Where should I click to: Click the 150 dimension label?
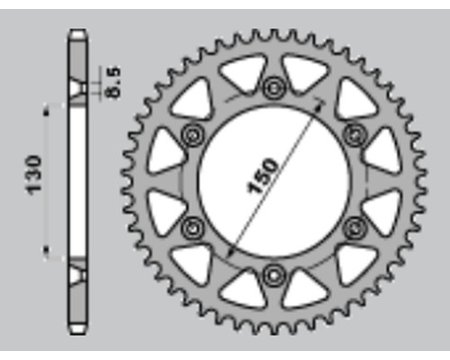[262, 176]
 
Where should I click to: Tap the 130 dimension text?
[33, 175]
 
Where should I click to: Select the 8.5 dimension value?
[113, 82]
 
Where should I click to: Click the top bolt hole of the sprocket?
[274, 88]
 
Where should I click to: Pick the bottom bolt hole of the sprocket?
[273, 275]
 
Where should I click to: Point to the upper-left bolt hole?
[193, 135]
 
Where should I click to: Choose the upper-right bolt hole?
[355, 135]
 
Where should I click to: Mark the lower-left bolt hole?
[193, 229]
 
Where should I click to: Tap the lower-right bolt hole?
[355, 229]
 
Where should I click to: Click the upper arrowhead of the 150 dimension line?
[319, 104]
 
